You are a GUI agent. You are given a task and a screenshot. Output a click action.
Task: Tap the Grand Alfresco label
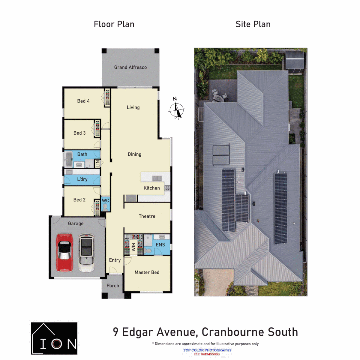[130, 67]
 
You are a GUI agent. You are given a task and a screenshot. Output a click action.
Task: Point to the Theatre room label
[147, 216]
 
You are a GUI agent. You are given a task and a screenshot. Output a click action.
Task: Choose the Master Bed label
[147, 272]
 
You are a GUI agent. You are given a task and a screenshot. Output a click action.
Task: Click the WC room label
[105, 201]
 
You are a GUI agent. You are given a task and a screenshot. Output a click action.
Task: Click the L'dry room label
[82, 179]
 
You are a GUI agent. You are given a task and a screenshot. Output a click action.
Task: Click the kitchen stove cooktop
[167, 188]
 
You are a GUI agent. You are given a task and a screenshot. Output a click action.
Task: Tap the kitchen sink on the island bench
[156, 178]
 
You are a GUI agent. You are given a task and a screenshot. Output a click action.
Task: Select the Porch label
[113, 286]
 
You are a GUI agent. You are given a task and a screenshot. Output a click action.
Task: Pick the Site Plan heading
[253, 24]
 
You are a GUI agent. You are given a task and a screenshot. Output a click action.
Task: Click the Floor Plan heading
[114, 24]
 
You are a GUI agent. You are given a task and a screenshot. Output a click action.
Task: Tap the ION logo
[54, 338]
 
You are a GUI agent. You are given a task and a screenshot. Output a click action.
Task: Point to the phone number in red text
[207, 354]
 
